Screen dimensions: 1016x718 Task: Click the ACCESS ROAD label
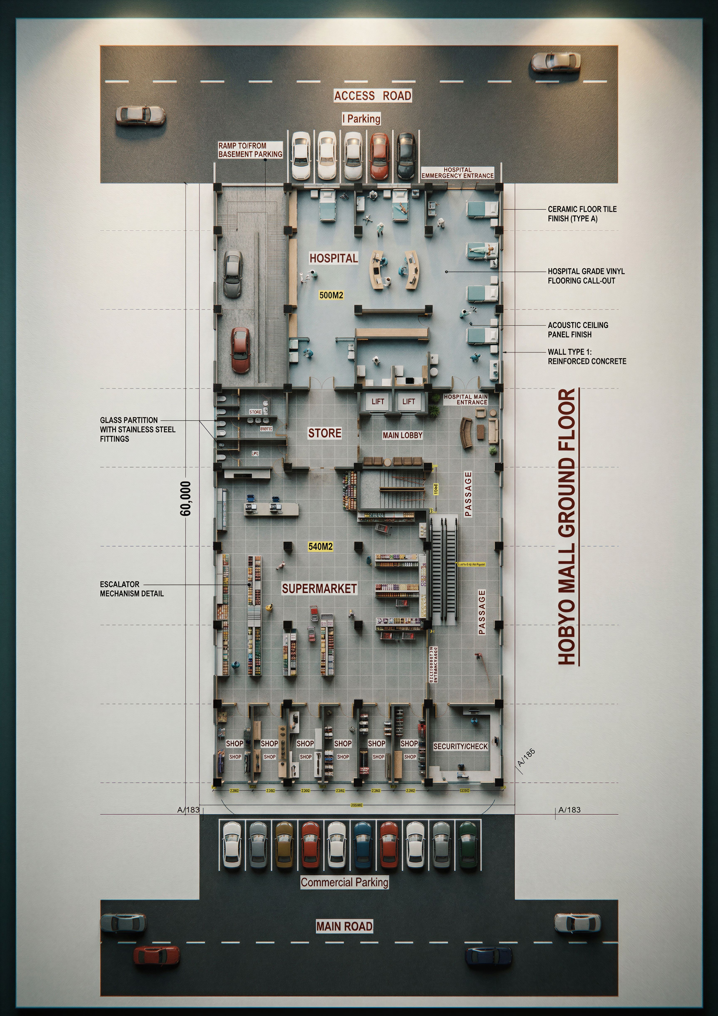(373, 96)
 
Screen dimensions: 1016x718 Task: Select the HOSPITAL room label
(333, 258)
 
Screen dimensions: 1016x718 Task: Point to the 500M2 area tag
(331, 295)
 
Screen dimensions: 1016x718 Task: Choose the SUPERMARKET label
(319, 588)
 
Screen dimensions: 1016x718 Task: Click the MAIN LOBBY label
(402, 435)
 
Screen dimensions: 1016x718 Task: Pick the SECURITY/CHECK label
(460, 746)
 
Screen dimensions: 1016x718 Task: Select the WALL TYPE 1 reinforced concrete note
(587, 357)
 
